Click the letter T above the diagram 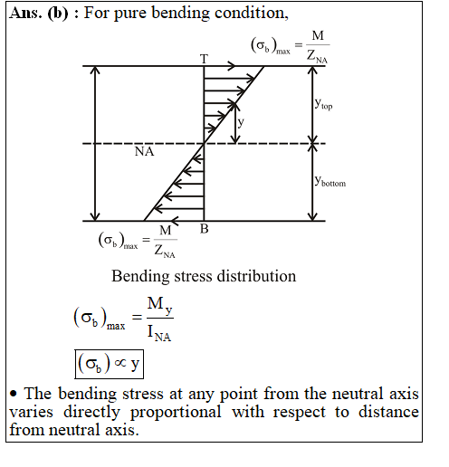(205, 59)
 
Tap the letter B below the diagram (205, 229)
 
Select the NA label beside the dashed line (144, 151)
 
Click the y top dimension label (323, 104)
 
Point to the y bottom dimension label (330, 181)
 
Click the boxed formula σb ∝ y (109, 364)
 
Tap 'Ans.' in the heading (25, 13)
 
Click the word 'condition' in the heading (252, 13)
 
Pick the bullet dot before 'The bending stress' (14, 394)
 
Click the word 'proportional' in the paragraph (176, 413)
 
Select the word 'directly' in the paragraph (91, 413)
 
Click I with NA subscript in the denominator (159, 333)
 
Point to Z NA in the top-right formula (317, 56)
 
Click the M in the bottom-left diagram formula (165, 231)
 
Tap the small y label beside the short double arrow (241, 122)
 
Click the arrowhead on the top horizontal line (232, 65)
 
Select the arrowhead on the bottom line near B (175, 221)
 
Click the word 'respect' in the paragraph (300, 413)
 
